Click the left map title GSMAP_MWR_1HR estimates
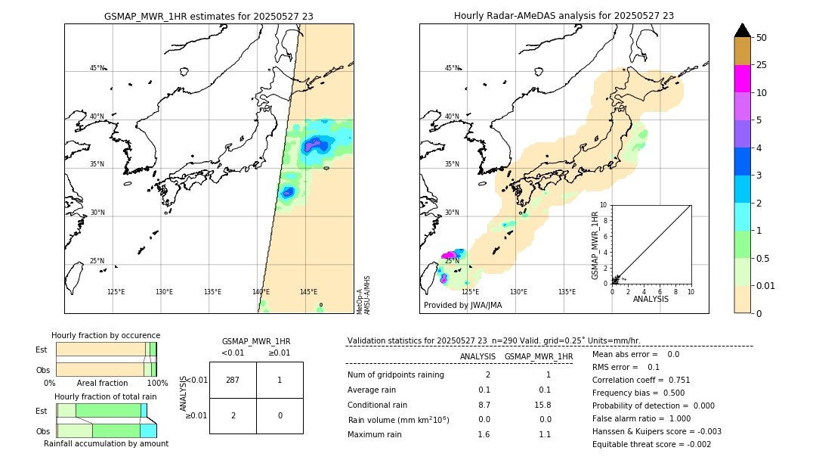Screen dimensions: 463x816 [209, 16]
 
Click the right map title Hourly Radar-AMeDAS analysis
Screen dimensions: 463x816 [564, 16]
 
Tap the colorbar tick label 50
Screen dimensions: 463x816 [762, 37]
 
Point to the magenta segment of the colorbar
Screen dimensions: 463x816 [742, 79]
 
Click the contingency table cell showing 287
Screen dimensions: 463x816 [233, 380]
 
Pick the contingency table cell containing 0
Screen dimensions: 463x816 [280, 415]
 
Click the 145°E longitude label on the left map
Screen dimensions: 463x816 [308, 292]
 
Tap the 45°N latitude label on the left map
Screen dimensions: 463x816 [97, 68]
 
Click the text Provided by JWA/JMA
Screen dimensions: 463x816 [462, 305]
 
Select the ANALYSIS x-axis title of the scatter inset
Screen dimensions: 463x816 [651, 299]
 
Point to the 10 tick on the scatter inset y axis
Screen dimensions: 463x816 [603, 205]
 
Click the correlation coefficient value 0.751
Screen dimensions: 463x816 [675, 380]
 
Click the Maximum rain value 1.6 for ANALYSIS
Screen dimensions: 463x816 [484, 434]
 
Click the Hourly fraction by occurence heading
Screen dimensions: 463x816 [106, 335]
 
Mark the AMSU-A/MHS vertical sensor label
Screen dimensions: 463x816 [366, 295]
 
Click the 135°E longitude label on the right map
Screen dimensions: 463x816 [567, 292]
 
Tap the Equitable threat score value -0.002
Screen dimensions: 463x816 [695, 444]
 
